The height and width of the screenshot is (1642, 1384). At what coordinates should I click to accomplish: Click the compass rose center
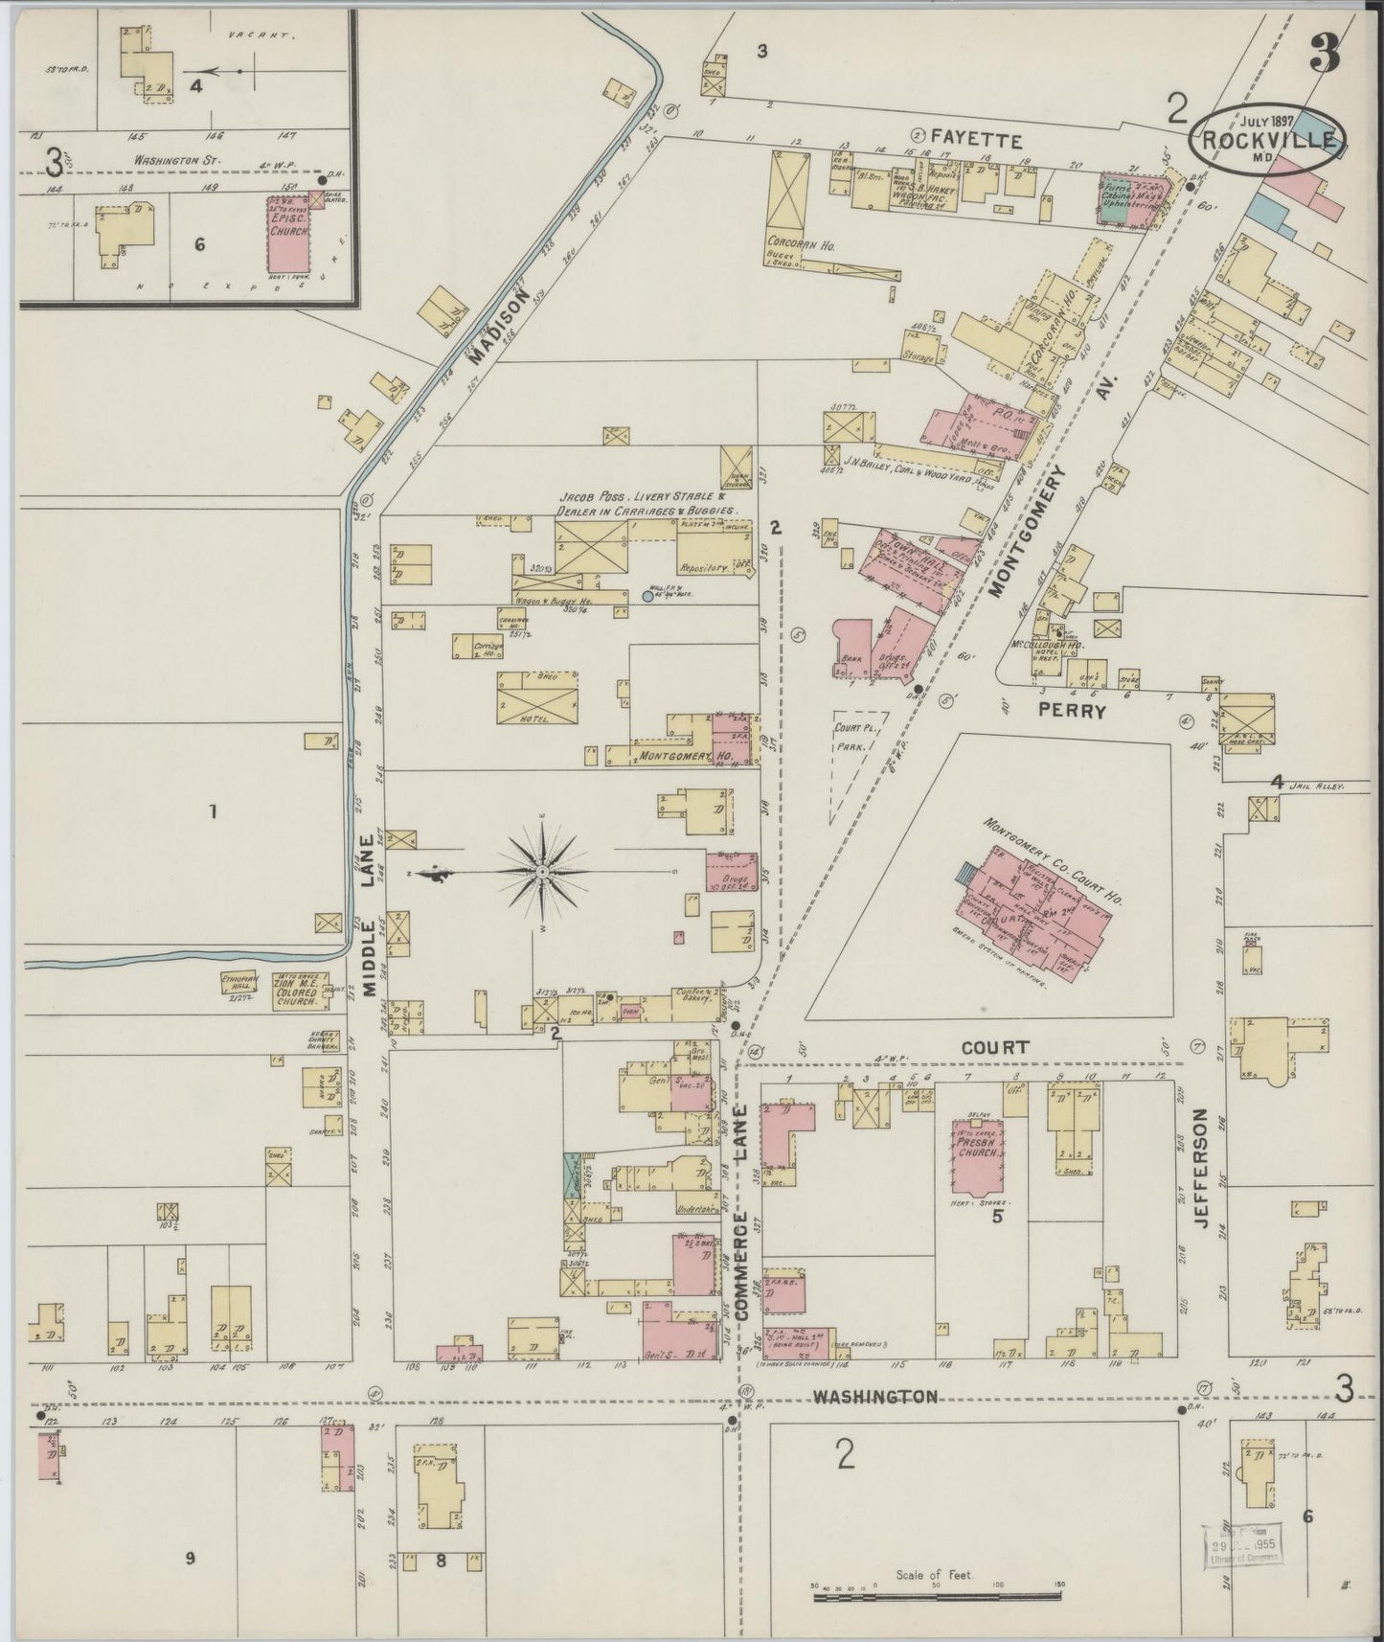[542, 872]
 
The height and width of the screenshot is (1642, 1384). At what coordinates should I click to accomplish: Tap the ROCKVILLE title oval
[1267, 140]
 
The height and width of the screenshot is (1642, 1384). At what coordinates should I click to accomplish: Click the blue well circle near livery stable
[647, 596]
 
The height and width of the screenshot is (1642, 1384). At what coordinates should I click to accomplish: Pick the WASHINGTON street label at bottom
[874, 1396]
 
